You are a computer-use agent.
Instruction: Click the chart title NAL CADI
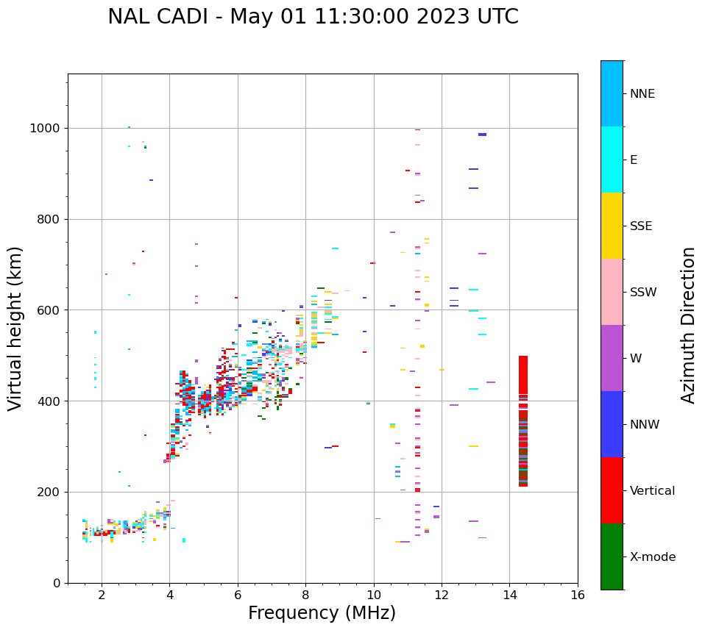pyautogui.click(x=313, y=17)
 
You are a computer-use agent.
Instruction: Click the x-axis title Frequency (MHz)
pyautogui.click(x=322, y=613)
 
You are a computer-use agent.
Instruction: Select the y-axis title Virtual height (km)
pyautogui.click(x=15, y=328)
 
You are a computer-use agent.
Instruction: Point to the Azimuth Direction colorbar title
pyautogui.click(x=688, y=324)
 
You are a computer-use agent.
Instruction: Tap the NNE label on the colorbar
pyautogui.click(x=642, y=94)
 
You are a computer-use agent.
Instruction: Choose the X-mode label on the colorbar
pyautogui.click(x=652, y=557)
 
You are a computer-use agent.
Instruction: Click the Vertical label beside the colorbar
pyautogui.click(x=652, y=491)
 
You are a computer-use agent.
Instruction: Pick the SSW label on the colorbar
pyautogui.click(x=643, y=293)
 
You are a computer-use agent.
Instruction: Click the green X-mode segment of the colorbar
pyautogui.click(x=612, y=556)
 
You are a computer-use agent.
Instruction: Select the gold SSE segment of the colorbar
pyautogui.click(x=612, y=226)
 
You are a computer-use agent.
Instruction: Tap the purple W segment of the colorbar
pyautogui.click(x=612, y=358)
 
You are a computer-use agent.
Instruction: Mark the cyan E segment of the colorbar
pyautogui.click(x=612, y=160)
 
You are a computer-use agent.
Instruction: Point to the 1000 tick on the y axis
pyautogui.click(x=46, y=129)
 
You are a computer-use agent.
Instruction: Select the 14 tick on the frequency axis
pyautogui.click(x=510, y=595)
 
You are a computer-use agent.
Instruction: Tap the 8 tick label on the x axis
pyautogui.click(x=305, y=595)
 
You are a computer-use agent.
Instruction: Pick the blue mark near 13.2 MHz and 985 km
pyautogui.click(x=482, y=135)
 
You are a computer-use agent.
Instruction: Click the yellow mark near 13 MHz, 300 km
pyautogui.click(x=473, y=446)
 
